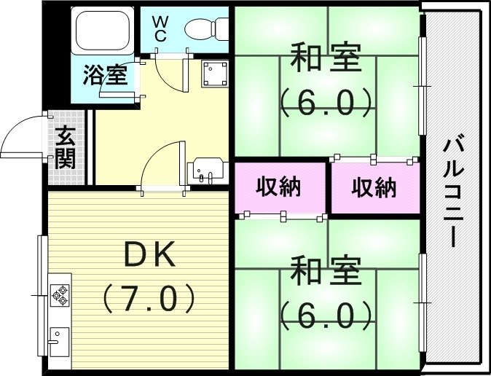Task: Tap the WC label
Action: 160,28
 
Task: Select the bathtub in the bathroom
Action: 102,32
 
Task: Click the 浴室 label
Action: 105,75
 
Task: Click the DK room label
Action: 149,256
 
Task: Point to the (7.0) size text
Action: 149,297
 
